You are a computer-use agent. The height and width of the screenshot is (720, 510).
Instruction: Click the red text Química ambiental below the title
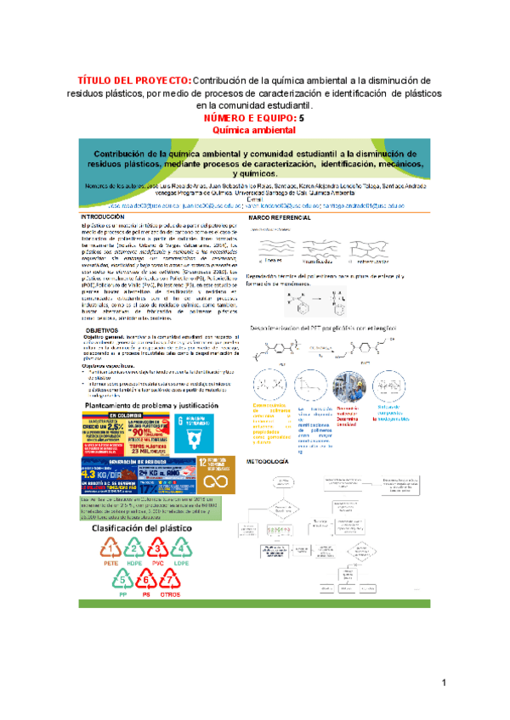(x=253, y=130)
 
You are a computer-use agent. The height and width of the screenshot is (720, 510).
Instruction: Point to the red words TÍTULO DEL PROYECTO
(x=135, y=81)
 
